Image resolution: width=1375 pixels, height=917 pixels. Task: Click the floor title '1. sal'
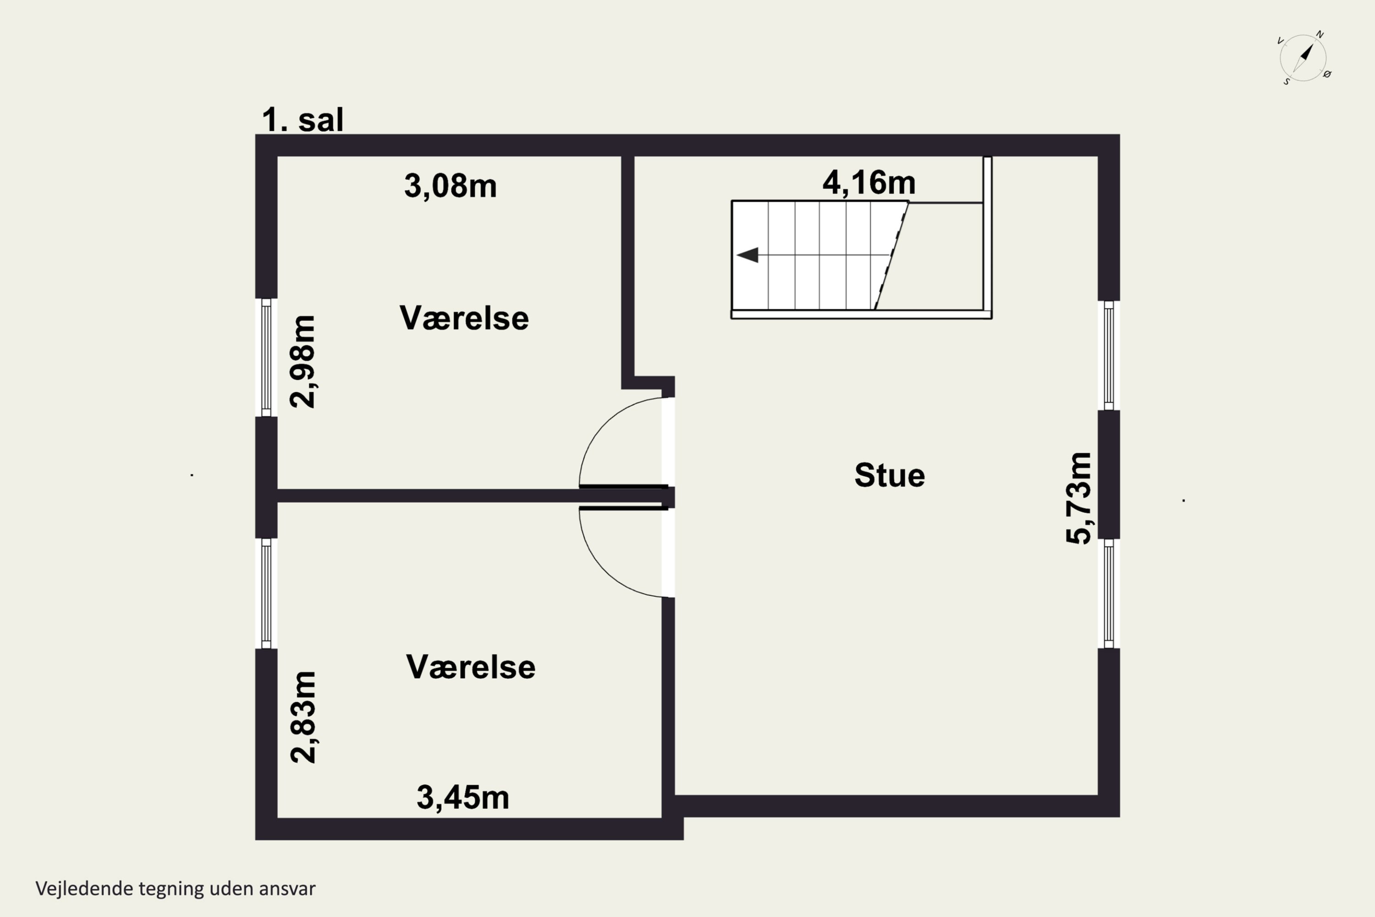(x=302, y=120)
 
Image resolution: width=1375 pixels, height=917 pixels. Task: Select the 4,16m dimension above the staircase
(x=869, y=182)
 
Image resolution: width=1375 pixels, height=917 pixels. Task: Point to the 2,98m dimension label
(x=303, y=361)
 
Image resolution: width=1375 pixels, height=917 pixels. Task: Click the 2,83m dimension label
(x=303, y=717)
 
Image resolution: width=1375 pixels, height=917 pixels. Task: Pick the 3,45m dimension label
(x=462, y=797)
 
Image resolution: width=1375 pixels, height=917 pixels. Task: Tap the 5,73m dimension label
(x=1078, y=498)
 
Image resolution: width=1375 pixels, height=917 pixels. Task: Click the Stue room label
(x=889, y=475)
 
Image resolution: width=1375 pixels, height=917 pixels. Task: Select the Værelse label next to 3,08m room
(x=464, y=318)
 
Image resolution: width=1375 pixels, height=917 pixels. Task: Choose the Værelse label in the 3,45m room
(x=471, y=667)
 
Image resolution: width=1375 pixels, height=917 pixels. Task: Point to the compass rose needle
(x=1303, y=59)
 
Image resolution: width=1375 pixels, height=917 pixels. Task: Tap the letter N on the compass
(x=1320, y=34)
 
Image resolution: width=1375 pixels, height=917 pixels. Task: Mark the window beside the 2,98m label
(x=266, y=357)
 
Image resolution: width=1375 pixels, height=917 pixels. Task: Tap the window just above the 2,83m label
(x=266, y=594)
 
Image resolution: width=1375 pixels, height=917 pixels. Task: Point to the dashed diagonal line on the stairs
(x=891, y=255)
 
